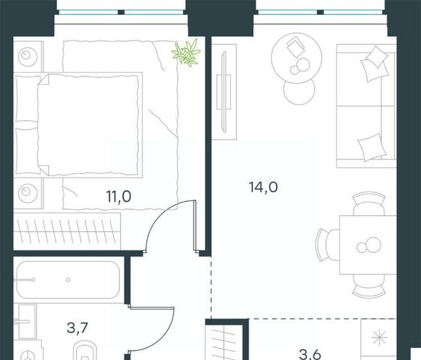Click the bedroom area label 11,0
click(119, 196)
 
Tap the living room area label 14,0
click(263, 187)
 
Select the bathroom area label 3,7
click(77, 328)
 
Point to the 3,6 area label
click(310, 355)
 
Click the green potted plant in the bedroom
click(187, 52)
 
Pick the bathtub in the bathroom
click(68, 280)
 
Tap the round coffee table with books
click(296, 58)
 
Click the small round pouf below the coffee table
click(299, 90)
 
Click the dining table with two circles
click(368, 245)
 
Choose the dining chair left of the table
click(327, 245)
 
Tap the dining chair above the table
click(369, 203)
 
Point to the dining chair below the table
click(369, 286)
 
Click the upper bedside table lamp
click(28, 56)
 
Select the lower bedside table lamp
click(28, 193)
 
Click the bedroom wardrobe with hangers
click(67, 231)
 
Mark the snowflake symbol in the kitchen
click(380, 337)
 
